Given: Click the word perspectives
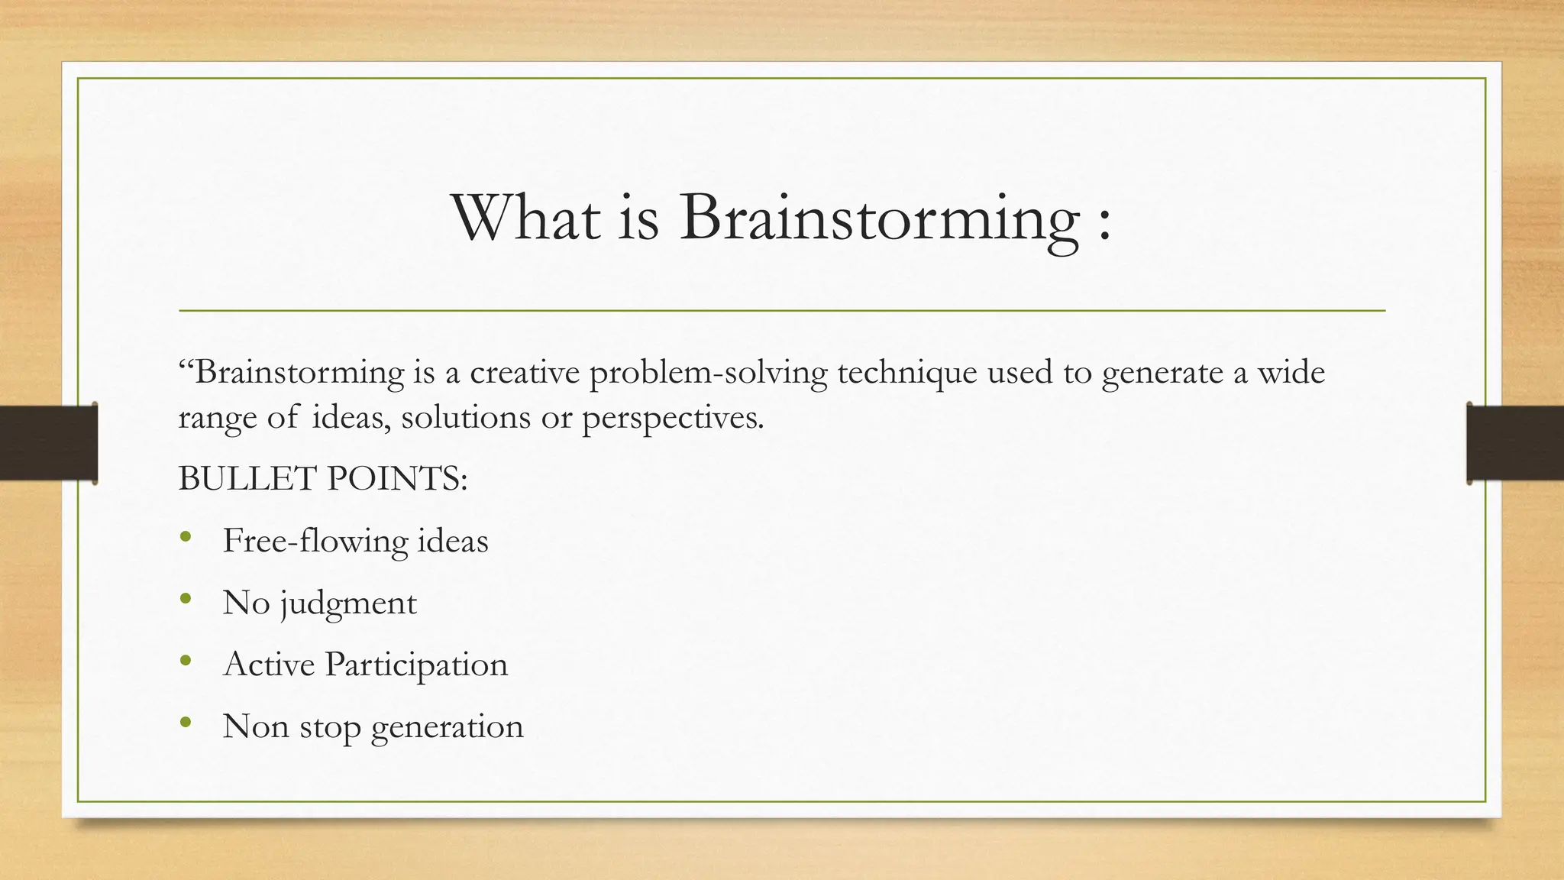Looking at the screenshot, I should (x=672, y=419).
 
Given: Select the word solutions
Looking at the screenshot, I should (x=465, y=418).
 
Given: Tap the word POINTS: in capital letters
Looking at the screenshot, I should (x=397, y=480).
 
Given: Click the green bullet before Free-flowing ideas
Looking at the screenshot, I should (x=186, y=537).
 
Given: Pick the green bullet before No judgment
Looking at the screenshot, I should (x=186, y=599).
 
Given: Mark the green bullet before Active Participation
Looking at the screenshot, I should (x=186, y=661).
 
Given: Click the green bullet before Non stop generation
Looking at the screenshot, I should (x=186, y=723).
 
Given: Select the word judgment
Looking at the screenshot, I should (x=348, y=603).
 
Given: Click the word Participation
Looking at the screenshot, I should (x=416, y=665).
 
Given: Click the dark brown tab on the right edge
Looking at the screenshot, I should (x=1516, y=443).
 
